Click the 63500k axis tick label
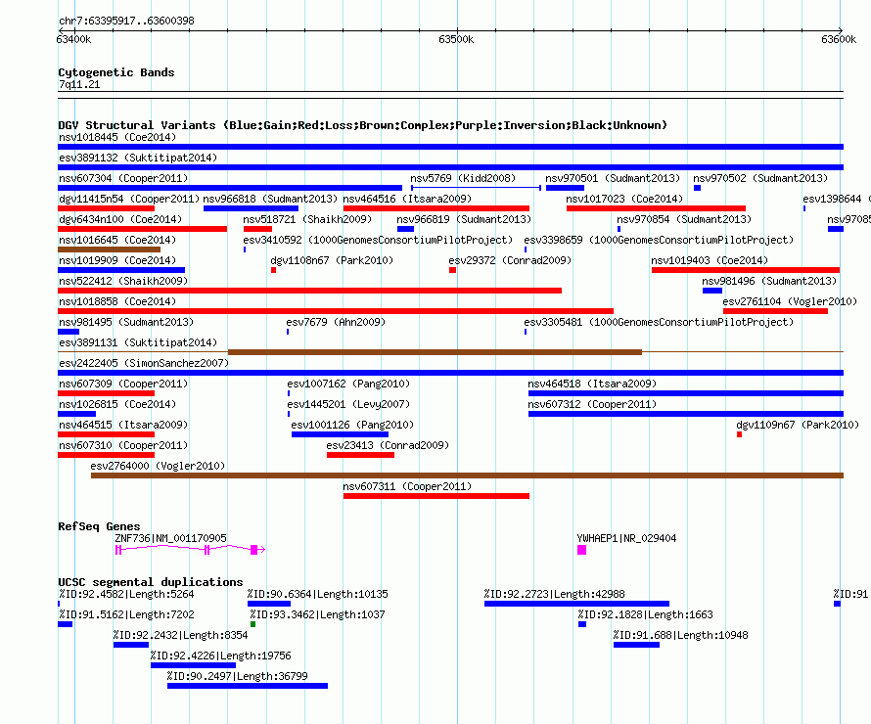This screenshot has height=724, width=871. coord(456,39)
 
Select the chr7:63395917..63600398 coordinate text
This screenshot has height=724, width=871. coord(126,22)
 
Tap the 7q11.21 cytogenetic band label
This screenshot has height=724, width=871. coord(79,84)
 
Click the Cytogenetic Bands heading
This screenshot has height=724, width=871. coord(116,72)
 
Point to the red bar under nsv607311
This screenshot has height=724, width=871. coord(436,496)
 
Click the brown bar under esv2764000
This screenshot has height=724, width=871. coord(467,475)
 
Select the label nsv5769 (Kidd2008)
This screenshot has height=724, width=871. coord(463,178)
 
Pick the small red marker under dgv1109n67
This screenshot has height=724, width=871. coord(739,434)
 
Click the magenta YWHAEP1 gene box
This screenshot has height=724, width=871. coord(581,550)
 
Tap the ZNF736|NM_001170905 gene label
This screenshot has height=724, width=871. coord(170,538)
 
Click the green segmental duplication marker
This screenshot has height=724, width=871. coord(252,624)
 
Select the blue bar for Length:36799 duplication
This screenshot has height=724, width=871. coord(248,686)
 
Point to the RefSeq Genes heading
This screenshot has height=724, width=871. coord(99,526)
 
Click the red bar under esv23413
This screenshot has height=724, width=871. coord(360,455)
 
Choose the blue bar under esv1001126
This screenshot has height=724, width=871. coord(340,434)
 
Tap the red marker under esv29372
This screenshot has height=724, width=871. coord(453,270)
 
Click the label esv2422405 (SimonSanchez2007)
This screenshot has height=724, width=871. coord(144,363)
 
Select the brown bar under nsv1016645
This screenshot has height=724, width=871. coord(109,249)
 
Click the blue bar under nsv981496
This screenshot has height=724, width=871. coord(712,291)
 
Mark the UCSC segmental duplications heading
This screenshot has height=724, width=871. coord(151,582)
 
